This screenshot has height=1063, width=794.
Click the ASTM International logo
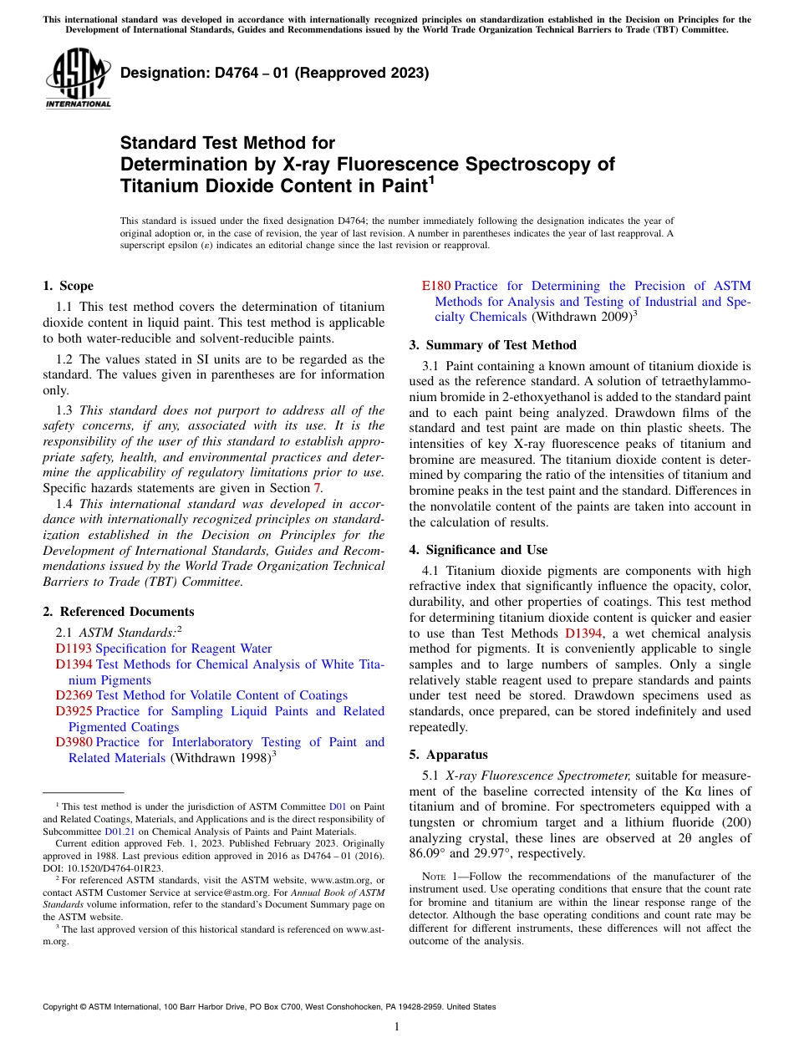(78, 79)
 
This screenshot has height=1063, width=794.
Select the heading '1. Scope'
(68, 286)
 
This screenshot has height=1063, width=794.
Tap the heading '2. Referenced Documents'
(118, 612)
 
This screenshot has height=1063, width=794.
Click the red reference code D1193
(74, 648)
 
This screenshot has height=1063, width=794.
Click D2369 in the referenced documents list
(74, 695)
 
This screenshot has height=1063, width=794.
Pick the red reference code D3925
(74, 711)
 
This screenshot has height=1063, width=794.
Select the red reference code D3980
(74, 742)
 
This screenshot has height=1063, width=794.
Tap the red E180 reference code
(437, 286)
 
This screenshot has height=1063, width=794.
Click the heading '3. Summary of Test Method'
(492, 345)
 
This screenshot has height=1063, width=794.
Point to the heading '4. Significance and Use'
(478, 550)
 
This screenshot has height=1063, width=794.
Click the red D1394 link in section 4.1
(583, 633)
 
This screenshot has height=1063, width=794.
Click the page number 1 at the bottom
(397, 1026)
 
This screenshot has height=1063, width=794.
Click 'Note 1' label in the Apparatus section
(441, 877)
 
